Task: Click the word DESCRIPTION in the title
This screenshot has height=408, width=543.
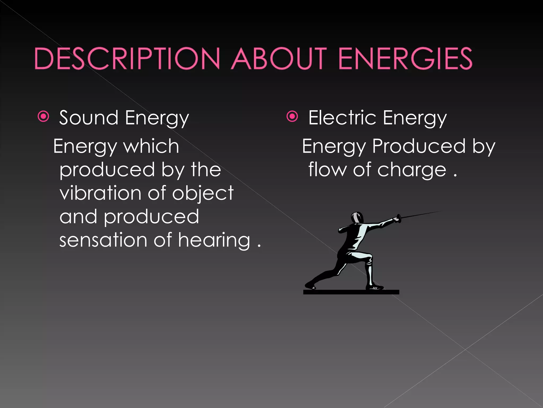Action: [x=127, y=59]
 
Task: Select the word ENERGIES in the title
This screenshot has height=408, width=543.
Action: [x=405, y=59]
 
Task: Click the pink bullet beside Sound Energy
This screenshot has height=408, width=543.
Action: [x=43, y=116]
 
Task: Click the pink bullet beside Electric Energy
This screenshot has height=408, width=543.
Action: [x=292, y=116]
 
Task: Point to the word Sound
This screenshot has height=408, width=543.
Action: [x=89, y=118]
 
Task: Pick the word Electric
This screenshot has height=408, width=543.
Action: [x=342, y=118]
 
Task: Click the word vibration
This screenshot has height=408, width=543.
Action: [x=100, y=193]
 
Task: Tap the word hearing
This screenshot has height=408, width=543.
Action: [x=214, y=240]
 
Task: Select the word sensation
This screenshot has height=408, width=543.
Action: [x=103, y=240]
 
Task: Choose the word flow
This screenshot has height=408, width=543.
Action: [x=327, y=169]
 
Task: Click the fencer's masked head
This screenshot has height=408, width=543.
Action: [x=357, y=218]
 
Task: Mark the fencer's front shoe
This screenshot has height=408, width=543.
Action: [x=375, y=287]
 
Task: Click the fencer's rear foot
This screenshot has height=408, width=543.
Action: [x=310, y=286]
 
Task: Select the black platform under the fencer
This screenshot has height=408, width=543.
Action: [x=351, y=292]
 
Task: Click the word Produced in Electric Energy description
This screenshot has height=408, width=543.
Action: [x=419, y=146]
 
